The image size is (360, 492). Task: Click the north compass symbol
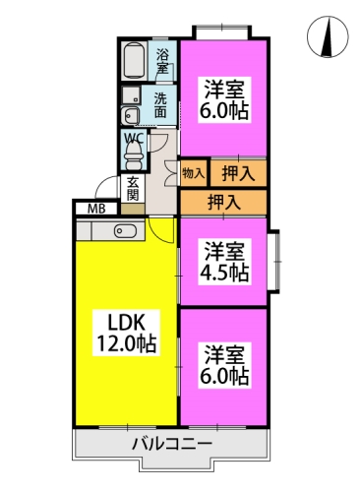click(328, 36)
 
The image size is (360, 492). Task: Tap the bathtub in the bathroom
click(135, 60)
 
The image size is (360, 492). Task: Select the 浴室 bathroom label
click(162, 61)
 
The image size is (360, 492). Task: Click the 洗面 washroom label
click(160, 105)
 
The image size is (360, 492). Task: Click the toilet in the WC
click(134, 156)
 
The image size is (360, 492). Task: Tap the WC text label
click(134, 139)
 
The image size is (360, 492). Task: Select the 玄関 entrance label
click(133, 188)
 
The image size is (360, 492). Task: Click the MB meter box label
click(96, 209)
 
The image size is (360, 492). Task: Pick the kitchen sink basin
click(125, 230)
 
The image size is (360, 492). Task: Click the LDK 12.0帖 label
click(126, 333)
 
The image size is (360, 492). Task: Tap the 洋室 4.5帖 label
click(224, 262)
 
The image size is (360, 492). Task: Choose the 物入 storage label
click(194, 173)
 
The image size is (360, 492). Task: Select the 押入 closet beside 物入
click(238, 173)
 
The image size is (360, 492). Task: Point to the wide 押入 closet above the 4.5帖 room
click(223, 203)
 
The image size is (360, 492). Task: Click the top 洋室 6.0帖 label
click(224, 100)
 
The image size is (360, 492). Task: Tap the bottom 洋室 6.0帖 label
click(224, 365)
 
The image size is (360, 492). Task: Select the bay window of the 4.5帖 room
click(274, 261)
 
